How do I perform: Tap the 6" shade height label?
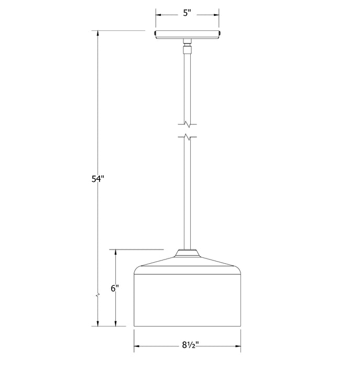pyautogui.click(x=115, y=288)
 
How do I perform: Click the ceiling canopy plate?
pyautogui.click(x=187, y=35)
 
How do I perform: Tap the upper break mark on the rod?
pyautogui.click(x=188, y=125)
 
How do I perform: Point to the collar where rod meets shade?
pyautogui.click(x=187, y=253)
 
